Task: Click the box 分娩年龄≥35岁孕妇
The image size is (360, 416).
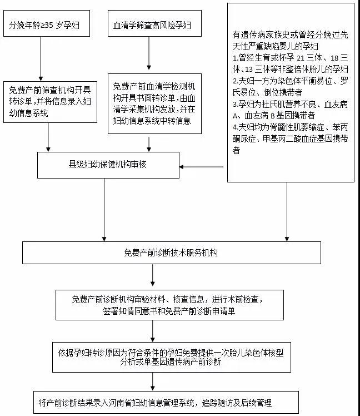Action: coord(47,23)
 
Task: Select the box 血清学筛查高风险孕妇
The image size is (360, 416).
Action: coord(154,23)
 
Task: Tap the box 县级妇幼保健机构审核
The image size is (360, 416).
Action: coord(108,165)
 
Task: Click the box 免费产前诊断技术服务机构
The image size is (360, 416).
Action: coord(172,252)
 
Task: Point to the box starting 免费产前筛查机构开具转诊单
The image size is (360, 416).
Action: coord(50,102)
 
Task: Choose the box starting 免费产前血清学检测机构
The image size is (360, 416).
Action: coord(154,104)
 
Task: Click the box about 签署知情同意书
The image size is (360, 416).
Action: coord(169,305)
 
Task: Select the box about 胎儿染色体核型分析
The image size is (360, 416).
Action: coord(172,357)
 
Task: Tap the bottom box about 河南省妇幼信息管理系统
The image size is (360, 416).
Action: coord(166,402)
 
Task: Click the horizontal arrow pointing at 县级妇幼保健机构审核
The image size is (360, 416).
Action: coord(202,167)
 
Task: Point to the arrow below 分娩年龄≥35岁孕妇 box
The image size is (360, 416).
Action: coord(41,58)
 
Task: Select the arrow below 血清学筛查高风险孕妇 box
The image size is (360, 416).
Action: coord(149,53)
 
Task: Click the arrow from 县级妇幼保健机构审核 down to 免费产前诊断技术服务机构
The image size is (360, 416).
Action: coord(104,210)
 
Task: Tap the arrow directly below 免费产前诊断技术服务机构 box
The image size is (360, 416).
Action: coord(153,275)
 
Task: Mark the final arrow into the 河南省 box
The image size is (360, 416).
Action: coord(153,382)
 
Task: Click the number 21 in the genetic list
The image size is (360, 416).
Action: coord(301,58)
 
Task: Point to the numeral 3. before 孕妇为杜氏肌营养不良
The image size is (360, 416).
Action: coord(236,104)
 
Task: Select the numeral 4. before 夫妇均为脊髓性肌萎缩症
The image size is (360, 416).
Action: coord(236,127)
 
